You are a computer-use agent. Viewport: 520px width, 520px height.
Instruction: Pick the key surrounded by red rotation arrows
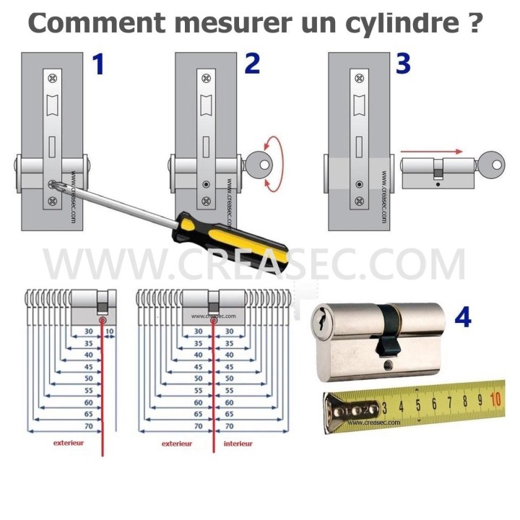click(x=259, y=164)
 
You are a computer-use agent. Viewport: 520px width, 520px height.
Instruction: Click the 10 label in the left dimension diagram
click(x=110, y=331)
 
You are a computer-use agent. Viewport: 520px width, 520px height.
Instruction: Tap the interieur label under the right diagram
click(x=238, y=443)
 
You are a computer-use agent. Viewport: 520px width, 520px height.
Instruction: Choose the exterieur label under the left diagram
click(x=69, y=443)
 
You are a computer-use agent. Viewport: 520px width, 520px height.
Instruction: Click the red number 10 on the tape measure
click(x=495, y=398)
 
